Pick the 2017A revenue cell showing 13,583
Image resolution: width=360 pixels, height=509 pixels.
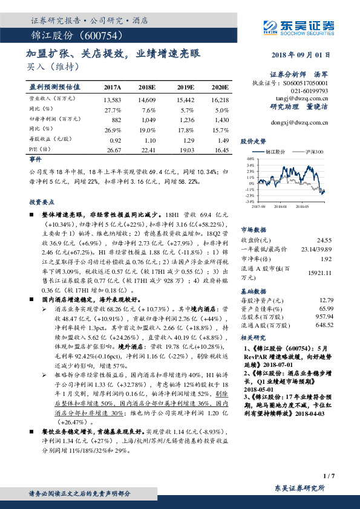[x=113, y=99]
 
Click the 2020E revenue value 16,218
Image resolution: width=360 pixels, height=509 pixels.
[x=221, y=99]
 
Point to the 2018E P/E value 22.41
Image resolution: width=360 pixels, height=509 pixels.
[x=148, y=149]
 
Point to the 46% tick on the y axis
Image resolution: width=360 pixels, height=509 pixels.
[x=250, y=158]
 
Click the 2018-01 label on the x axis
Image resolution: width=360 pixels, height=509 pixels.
[x=280, y=207]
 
